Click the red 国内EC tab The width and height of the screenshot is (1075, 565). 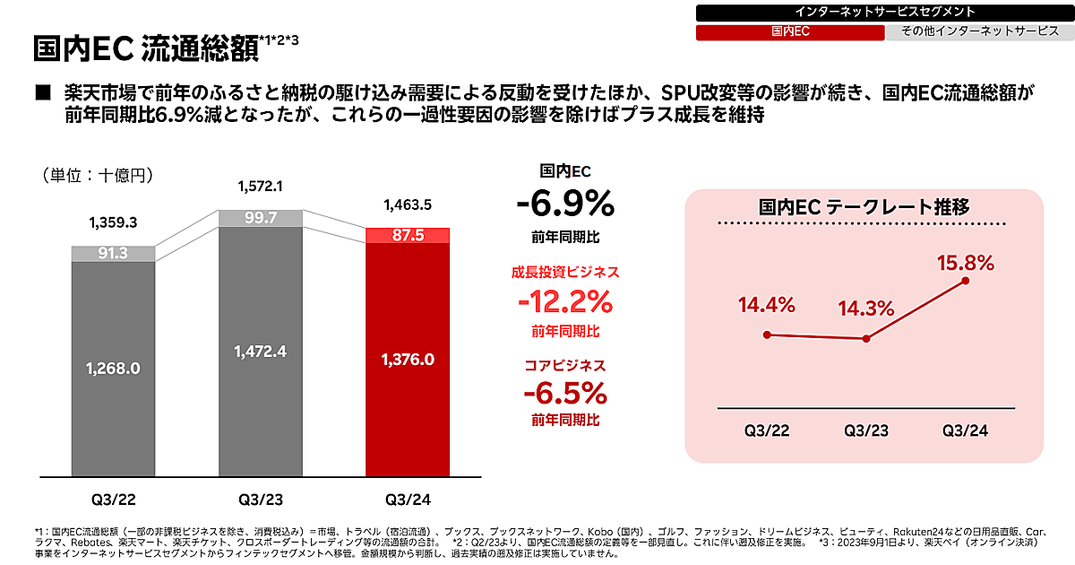790,31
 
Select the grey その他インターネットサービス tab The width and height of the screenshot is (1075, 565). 978,31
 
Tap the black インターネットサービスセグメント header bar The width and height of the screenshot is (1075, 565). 884,12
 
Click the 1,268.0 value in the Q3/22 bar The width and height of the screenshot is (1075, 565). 114,368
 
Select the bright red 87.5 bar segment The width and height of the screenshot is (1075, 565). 408,235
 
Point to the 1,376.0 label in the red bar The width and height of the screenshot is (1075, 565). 408,360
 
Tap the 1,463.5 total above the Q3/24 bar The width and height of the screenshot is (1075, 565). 408,205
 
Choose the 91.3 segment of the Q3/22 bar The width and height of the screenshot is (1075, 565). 114,254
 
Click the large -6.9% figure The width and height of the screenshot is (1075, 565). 565,205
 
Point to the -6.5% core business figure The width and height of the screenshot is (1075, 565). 565,393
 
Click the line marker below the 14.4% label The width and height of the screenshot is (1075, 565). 767,335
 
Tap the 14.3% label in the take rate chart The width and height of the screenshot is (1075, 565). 866,309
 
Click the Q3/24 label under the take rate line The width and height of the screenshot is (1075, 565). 965,430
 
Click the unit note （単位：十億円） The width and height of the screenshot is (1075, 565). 98,175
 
